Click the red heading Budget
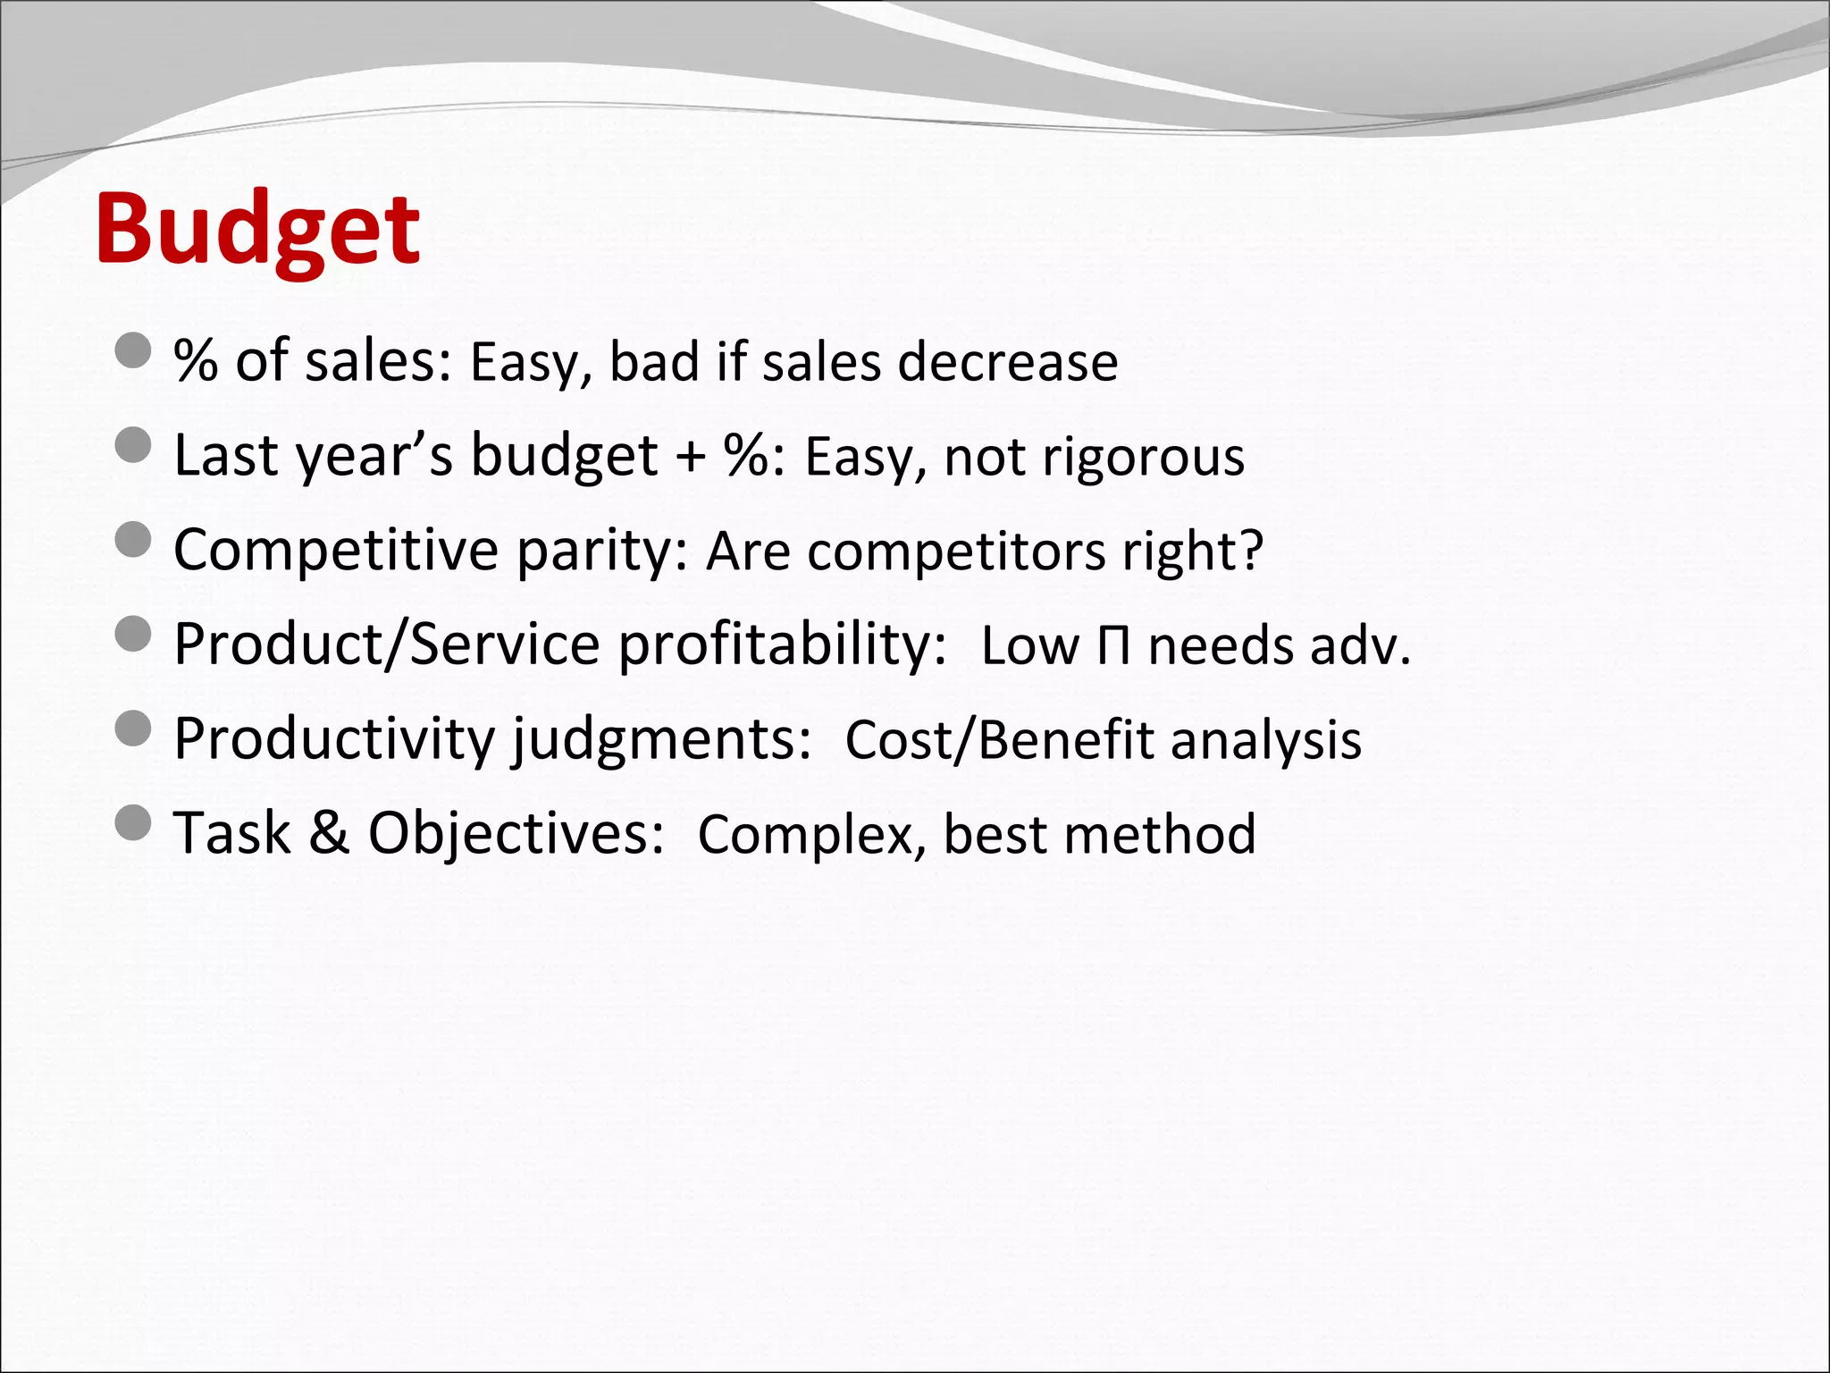pyautogui.click(x=257, y=231)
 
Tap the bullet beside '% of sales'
pyautogui.click(x=134, y=350)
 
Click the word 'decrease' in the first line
pyautogui.click(x=1007, y=362)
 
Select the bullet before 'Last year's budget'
pyautogui.click(x=134, y=444)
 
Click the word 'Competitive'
pyautogui.click(x=335, y=550)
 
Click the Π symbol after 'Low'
pyautogui.click(x=1113, y=646)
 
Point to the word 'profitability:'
pyautogui.click(x=782, y=645)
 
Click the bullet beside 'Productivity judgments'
pyautogui.click(x=134, y=729)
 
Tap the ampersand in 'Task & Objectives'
pyautogui.click(x=329, y=833)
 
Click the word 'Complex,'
pyautogui.click(x=810, y=836)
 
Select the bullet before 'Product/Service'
pyautogui.click(x=134, y=634)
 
